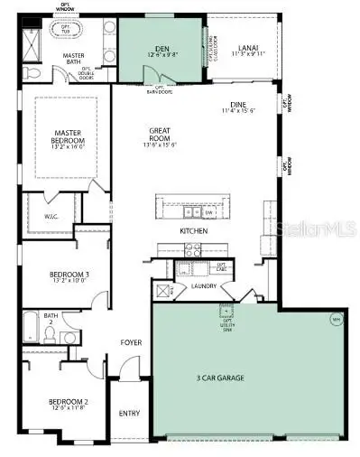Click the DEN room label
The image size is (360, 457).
(x=162, y=49)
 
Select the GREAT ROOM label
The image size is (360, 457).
(x=162, y=136)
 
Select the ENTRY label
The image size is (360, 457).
(x=130, y=414)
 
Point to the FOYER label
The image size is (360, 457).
(x=132, y=342)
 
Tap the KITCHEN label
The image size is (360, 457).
(x=194, y=231)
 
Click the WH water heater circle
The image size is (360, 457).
(x=336, y=318)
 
